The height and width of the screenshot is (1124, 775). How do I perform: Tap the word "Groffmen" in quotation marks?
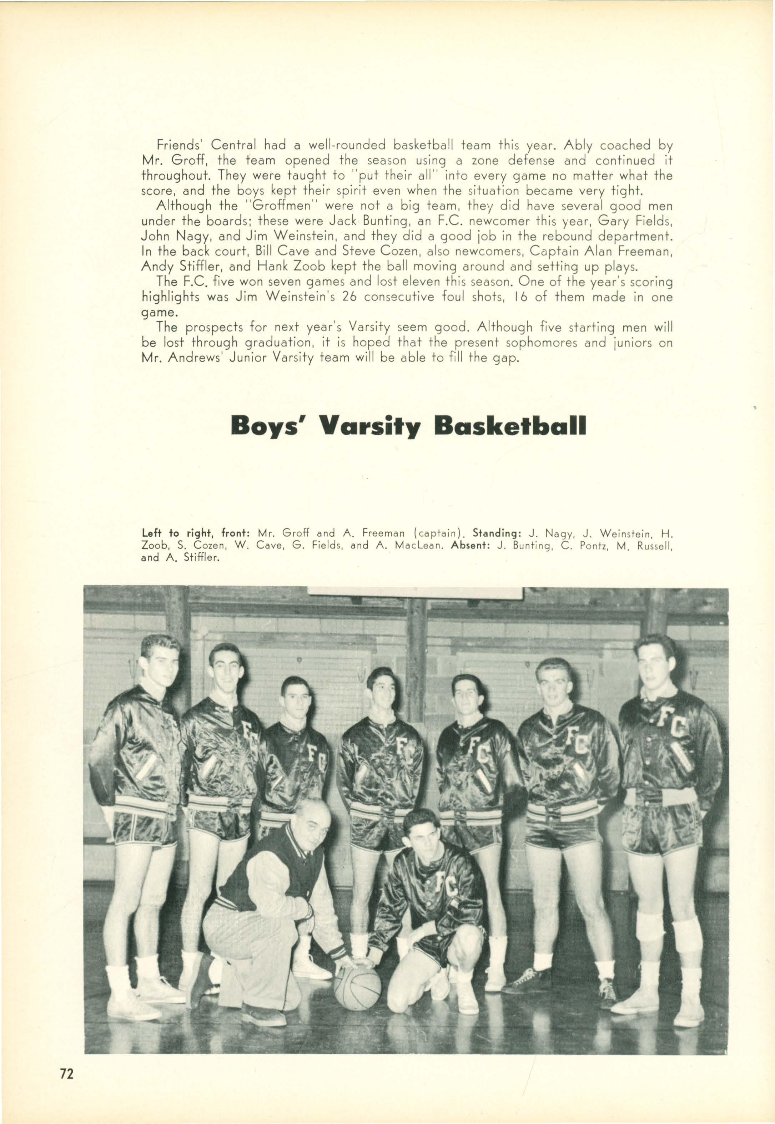pos(271,206)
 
